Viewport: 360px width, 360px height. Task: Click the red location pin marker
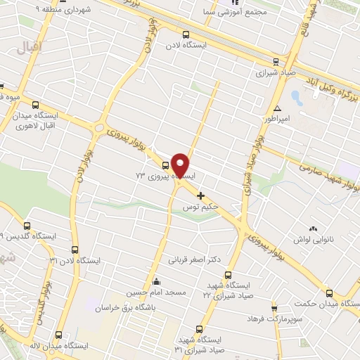[x=181, y=165]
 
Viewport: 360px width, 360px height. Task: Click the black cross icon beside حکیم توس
[x=201, y=195]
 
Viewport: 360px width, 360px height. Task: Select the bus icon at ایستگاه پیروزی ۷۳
[x=165, y=166]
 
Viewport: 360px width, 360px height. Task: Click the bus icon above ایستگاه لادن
[x=186, y=34]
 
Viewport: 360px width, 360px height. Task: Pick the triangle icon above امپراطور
[x=278, y=108]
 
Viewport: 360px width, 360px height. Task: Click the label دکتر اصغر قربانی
[x=193, y=259]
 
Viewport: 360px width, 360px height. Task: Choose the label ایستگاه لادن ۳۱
[x=75, y=260]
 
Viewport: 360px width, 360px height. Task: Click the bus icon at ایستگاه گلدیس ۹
[x=27, y=226]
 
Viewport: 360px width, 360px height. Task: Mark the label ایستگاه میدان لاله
[x=64, y=346]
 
